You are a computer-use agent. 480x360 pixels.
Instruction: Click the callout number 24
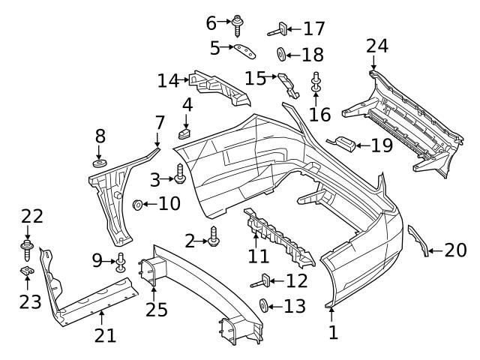tap(377, 46)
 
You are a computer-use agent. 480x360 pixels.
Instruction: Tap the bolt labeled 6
tap(237, 25)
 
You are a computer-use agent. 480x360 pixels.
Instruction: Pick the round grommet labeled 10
tap(138, 204)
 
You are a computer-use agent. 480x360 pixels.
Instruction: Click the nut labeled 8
tap(99, 163)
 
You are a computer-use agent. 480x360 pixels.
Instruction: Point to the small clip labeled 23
tap(26, 271)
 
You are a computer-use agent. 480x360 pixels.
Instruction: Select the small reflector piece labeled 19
tap(344, 142)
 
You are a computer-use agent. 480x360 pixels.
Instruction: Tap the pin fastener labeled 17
tap(277, 30)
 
